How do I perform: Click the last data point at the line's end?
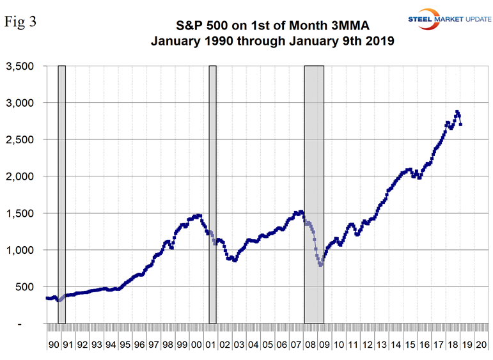pos(460,124)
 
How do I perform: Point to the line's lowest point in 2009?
pos(320,265)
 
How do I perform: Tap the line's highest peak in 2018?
pos(457,112)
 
